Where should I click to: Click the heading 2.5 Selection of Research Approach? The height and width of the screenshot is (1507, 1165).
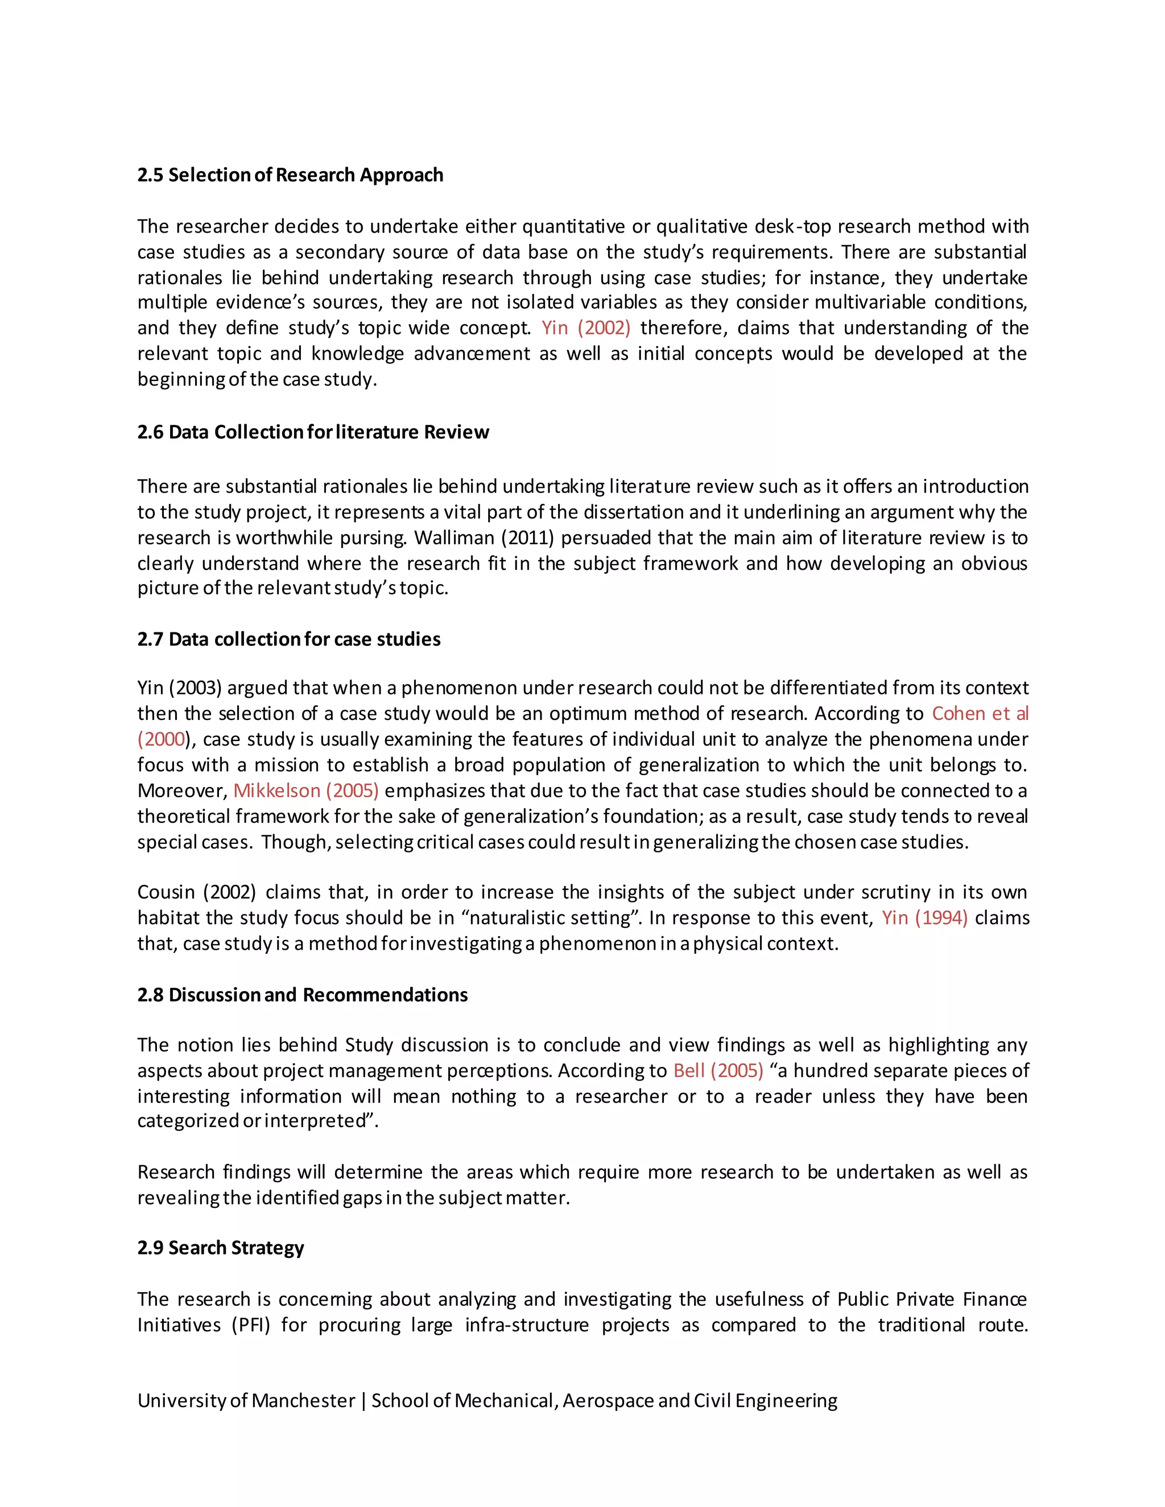290,175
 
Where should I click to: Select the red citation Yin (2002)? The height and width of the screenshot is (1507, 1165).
585,328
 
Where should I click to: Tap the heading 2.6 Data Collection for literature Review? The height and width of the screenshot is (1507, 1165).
313,432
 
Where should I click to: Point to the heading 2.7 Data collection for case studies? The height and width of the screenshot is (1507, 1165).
288,639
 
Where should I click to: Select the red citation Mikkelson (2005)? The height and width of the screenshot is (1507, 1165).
305,791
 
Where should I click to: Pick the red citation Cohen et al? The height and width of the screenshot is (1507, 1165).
980,714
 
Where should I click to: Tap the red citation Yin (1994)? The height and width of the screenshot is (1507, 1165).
924,918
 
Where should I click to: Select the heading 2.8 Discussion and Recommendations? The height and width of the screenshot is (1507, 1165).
302,995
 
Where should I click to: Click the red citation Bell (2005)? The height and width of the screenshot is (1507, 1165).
718,1070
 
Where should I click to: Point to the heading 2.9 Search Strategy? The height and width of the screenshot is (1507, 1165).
220,1248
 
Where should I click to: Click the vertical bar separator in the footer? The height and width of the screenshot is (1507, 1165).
363,1400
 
